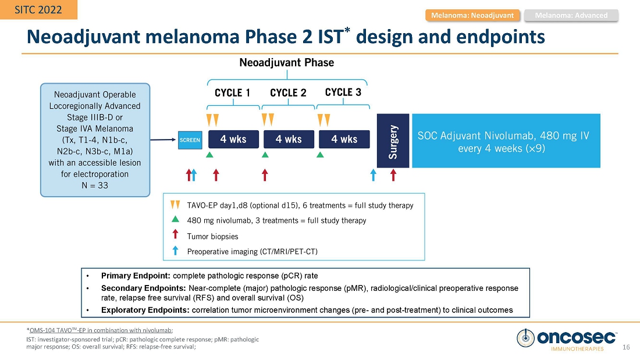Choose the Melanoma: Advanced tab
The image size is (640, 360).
click(x=571, y=15)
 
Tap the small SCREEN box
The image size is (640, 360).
click(x=190, y=140)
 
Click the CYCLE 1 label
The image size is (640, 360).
click(x=233, y=93)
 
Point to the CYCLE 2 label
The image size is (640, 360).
click(x=288, y=93)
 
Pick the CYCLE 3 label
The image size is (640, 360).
click(x=343, y=92)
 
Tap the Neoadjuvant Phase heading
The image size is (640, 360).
click(x=287, y=62)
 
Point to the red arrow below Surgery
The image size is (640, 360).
click(x=393, y=174)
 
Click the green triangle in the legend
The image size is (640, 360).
click(x=175, y=220)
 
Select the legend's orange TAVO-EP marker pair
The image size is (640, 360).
click(x=175, y=205)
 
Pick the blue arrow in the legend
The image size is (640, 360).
click(x=175, y=250)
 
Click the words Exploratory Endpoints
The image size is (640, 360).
click(x=145, y=310)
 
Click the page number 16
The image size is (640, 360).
click(x=626, y=347)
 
